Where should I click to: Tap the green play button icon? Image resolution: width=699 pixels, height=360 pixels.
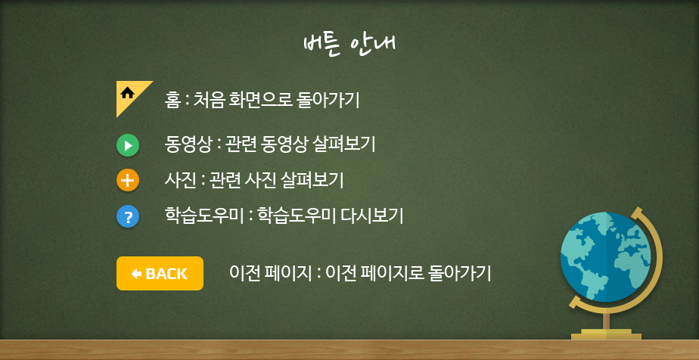pos(128,146)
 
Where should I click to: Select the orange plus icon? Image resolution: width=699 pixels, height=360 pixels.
pos(128,181)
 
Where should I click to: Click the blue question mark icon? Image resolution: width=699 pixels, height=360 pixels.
pos(128,217)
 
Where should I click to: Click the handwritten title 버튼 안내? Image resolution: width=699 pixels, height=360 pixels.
pos(349,45)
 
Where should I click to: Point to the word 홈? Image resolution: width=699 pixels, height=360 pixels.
pos(172,101)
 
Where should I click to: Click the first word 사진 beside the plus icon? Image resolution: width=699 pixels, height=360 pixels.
pos(179,181)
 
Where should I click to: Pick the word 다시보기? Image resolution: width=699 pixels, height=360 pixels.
pos(371,216)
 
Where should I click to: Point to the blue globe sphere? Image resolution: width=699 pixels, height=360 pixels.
pos(605,256)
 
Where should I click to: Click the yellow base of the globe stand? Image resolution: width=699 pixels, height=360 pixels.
pos(606,334)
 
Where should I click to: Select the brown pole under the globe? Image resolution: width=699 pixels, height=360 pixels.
pos(606,321)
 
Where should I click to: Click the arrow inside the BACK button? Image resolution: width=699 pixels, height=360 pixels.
pos(136,274)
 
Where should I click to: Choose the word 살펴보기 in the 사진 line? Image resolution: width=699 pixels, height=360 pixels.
pos(312,181)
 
